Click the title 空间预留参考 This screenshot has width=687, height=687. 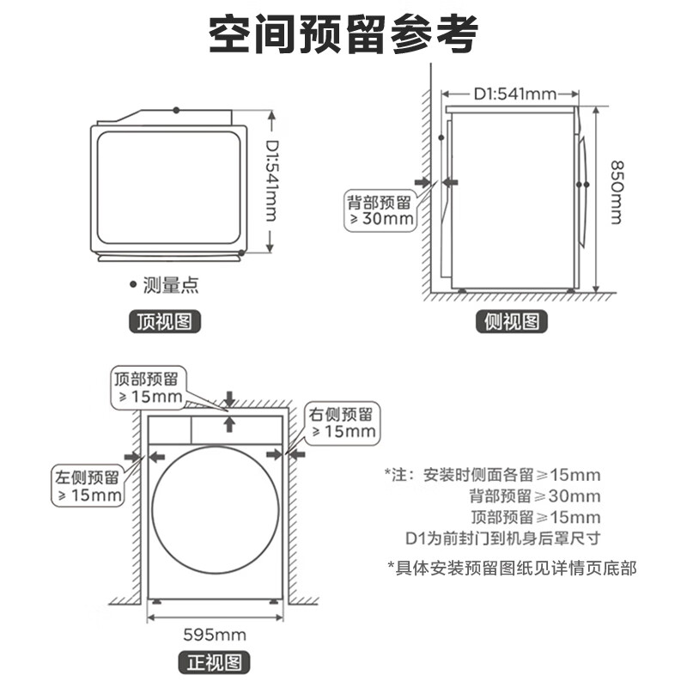coord(343,36)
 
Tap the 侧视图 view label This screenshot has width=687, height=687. coord(511,322)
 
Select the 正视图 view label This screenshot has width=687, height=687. coord(214,662)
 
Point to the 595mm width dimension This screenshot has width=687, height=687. coord(214,635)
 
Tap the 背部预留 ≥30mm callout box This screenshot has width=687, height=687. coord(379,210)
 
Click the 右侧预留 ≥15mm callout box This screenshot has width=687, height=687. coord(343,423)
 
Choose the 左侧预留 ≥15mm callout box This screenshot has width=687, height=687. coord(87,486)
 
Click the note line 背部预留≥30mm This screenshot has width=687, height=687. coord(534,496)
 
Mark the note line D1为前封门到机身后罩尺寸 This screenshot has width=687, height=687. coord(502,538)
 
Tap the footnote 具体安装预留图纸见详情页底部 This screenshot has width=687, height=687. coord(512,568)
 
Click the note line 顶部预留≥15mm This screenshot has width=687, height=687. coord(535,517)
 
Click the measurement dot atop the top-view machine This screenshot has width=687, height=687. coord(176,110)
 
